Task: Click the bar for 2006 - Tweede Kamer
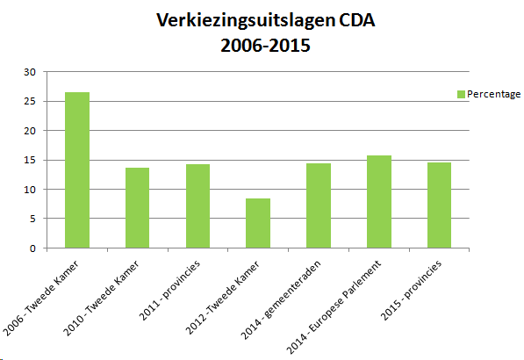pyautogui.click(x=76, y=170)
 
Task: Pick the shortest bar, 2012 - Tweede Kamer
pyautogui.click(x=257, y=224)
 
